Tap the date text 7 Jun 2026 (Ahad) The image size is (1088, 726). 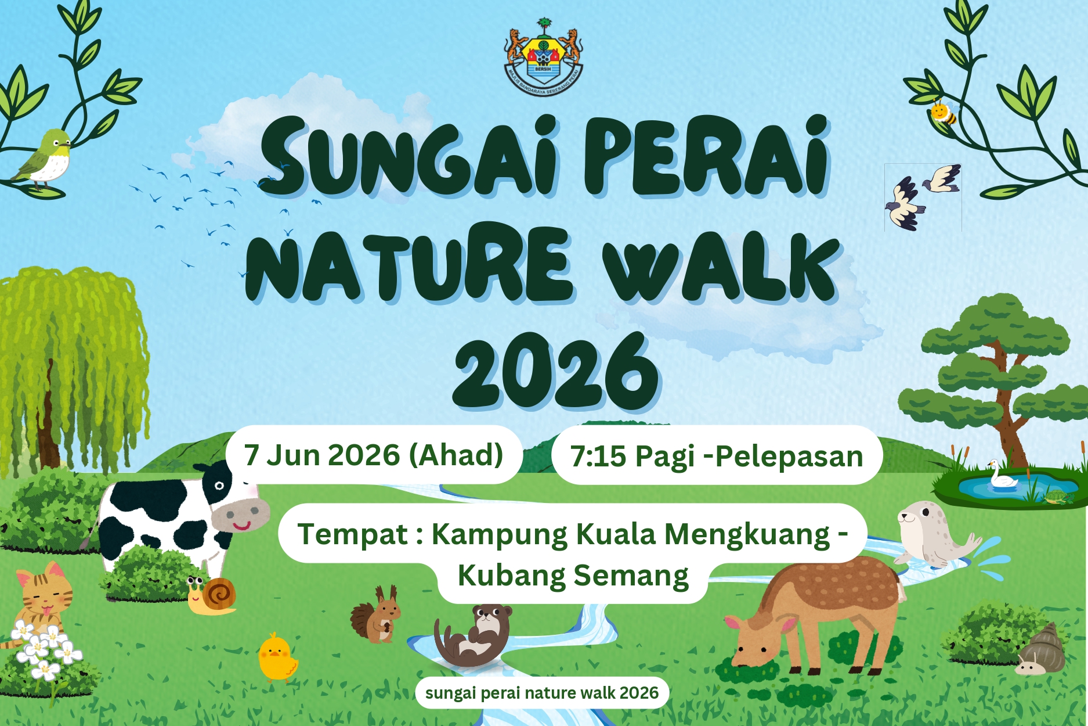tap(373, 455)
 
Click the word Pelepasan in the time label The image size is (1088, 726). tap(789, 457)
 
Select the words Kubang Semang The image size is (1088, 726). tap(573, 576)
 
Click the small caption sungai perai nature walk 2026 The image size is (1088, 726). tap(541, 693)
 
